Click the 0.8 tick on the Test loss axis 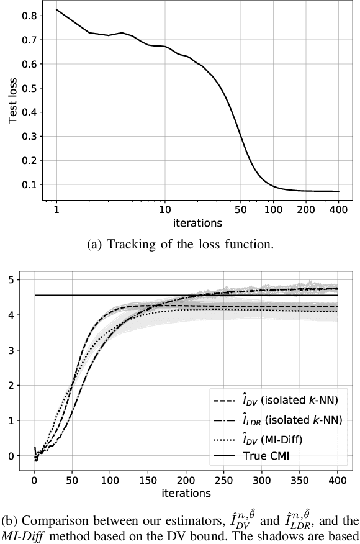point(29,16)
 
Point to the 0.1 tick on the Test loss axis point(29,184)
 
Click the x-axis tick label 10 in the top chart point(165,210)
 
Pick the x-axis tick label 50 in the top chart point(241,210)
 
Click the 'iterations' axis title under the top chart point(197,222)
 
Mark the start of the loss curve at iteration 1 point(56,10)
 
